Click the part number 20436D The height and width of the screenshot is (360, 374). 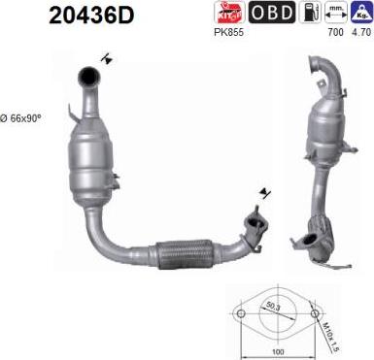coord(91,16)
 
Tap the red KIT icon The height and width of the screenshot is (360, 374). coord(229,13)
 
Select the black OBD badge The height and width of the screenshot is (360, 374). coord(272,13)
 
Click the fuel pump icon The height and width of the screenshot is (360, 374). coord(310,13)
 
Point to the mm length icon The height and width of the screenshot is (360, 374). coord(336,13)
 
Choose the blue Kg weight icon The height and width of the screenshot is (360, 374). coord(362,13)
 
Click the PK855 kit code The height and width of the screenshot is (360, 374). coord(228,32)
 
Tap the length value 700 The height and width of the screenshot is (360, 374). coord(335,32)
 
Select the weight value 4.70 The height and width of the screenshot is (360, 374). coord(361,32)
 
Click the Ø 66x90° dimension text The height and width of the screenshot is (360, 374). coord(20,118)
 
